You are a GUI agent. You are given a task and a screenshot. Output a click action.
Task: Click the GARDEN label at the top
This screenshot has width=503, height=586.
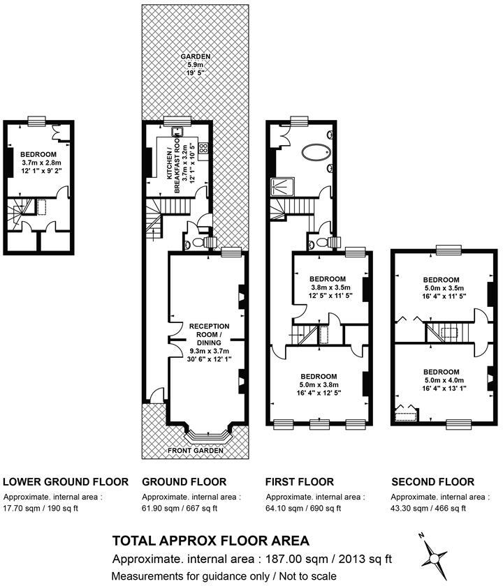(x=195, y=57)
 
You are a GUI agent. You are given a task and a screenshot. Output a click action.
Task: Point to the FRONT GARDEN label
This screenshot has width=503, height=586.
(x=196, y=451)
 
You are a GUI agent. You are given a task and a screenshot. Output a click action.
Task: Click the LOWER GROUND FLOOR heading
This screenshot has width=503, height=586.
(x=66, y=482)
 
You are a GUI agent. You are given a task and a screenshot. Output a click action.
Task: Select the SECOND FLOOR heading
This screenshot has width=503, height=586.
(x=432, y=482)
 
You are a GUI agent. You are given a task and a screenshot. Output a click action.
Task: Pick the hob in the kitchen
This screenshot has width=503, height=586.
(x=203, y=148)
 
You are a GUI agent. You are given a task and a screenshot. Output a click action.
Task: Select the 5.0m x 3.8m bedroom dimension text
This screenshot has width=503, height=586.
(x=319, y=384)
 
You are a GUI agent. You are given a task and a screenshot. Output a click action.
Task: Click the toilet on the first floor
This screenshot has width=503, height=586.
(x=321, y=242)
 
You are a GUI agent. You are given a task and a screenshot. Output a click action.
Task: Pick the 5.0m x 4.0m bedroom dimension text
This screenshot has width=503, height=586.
(x=442, y=380)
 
